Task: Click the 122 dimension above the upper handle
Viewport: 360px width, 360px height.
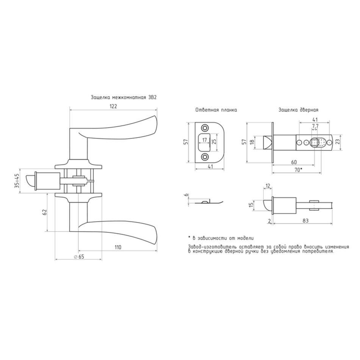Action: tap(113, 106)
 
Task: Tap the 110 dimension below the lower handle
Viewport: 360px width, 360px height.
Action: tap(118, 247)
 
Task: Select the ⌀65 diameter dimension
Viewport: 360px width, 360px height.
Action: tap(79, 257)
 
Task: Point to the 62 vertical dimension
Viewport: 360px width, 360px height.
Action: tap(45, 212)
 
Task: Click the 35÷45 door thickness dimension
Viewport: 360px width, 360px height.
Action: tap(17, 181)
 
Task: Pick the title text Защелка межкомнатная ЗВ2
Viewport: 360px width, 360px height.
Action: tap(124, 97)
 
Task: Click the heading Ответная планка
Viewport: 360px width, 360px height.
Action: tap(216, 110)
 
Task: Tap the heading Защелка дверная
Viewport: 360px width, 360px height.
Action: tap(299, 110)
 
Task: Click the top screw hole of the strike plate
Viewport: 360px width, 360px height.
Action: tap(204, 128)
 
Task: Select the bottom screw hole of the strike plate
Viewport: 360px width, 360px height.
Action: tap(204, 157)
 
